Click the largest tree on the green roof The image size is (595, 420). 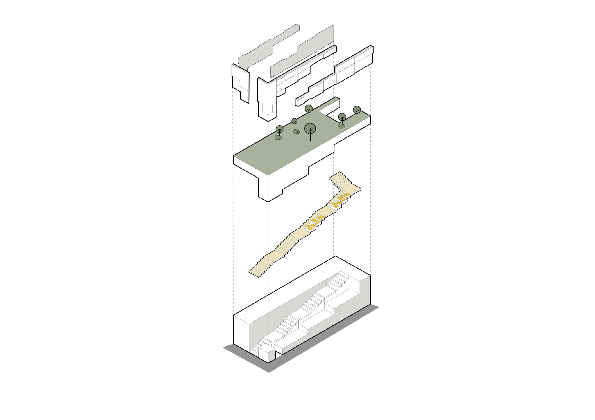pyautogui.click(x=310, y=128)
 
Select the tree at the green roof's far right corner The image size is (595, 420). pyautogui.click(x=357, y=110)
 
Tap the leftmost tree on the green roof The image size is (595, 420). pyautogui.click(x=279, y=129)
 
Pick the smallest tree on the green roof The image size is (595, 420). pyautogui.click(x=294, y=121)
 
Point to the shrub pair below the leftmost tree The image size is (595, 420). pyautogui.click(x=278, y=137)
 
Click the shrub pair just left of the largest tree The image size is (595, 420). pyautogui.click(x=296, y=132)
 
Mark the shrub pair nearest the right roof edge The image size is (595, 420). pyautogui.click(x=342, y=126)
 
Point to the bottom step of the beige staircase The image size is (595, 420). pyautogui.click(x=254, y=272)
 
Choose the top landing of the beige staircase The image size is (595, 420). pyautogui.click(x=337, y=176)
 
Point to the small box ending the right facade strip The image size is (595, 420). pyautogui.click(x=300, y=102)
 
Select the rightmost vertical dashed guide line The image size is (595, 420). pyautogui.click(x=370, y=203)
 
